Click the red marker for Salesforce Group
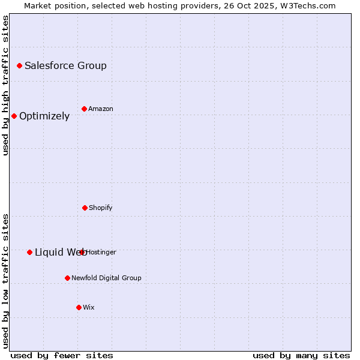pyautogui.click(x=19, y=65)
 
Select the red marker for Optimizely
pyautogui.click(x=14, y=116)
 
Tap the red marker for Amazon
pyautogui.click(x=84, y=109)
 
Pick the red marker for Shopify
pyautogui.click(x=85, y=208)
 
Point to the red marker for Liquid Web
pyautogui.click(x=29, y=252)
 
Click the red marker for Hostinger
pyautogui.click(x=82, y=252)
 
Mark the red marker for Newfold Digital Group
pyautogui.click(x=67, y=278)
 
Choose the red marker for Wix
pyautogui.click(x=79, y=307)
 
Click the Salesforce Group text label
pyautogui.click(x=65, y=65)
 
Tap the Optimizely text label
pyautogui.click(x=44, y=116)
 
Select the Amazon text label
pyautogui.click(x=101, y=109)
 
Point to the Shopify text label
pyautogui.click(x=101, y=208)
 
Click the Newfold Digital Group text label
pyautogui.click(x=106, y=278)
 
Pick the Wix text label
pyautogui.click(x=89, y=307)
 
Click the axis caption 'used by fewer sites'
pyautogui.click(x=62, y=355)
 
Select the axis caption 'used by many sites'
pyautogui.click(x=301, y=355)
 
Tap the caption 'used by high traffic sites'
pyautogui.click(x=5, y=85)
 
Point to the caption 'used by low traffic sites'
pyautogui.click(x=5, y=281)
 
